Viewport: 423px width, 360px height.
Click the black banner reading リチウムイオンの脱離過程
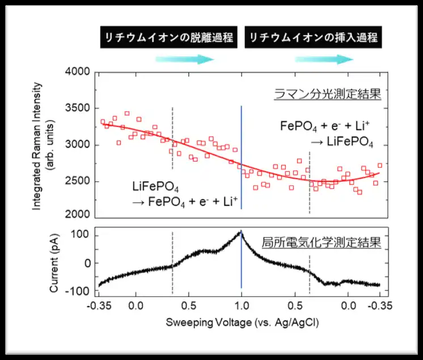coord(167,37)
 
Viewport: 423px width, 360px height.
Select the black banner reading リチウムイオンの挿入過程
coord(312,37)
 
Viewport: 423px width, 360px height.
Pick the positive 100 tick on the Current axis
coord(82,234)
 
